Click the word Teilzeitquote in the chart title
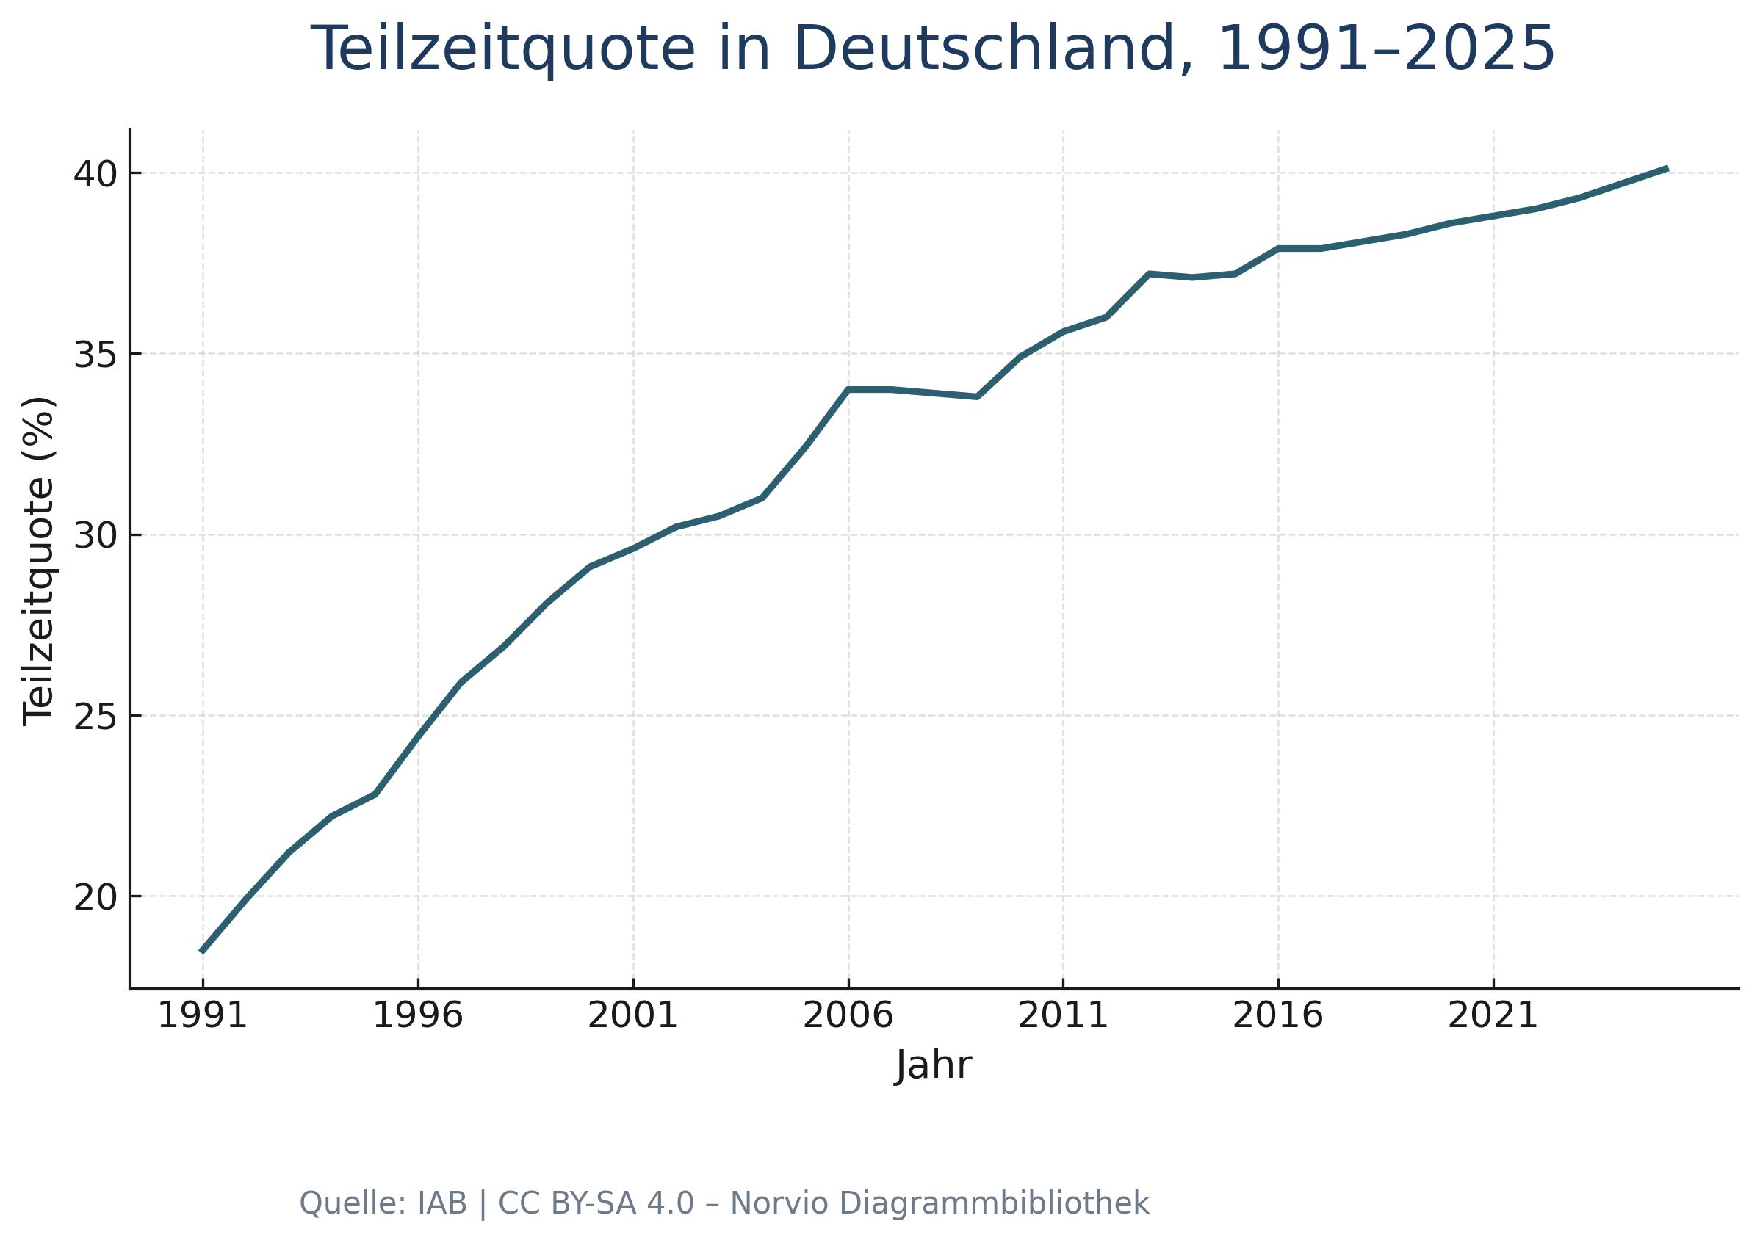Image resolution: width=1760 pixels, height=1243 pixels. (502, 50)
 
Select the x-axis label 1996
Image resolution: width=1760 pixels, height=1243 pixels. (418, 1016)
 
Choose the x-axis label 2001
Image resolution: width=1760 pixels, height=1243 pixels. (633, 1016)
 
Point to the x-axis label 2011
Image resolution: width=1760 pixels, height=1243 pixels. (1063, 1016)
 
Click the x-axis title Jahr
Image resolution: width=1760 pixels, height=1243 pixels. (933, 1066)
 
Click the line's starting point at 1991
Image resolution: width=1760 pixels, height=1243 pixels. (201, 951)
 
